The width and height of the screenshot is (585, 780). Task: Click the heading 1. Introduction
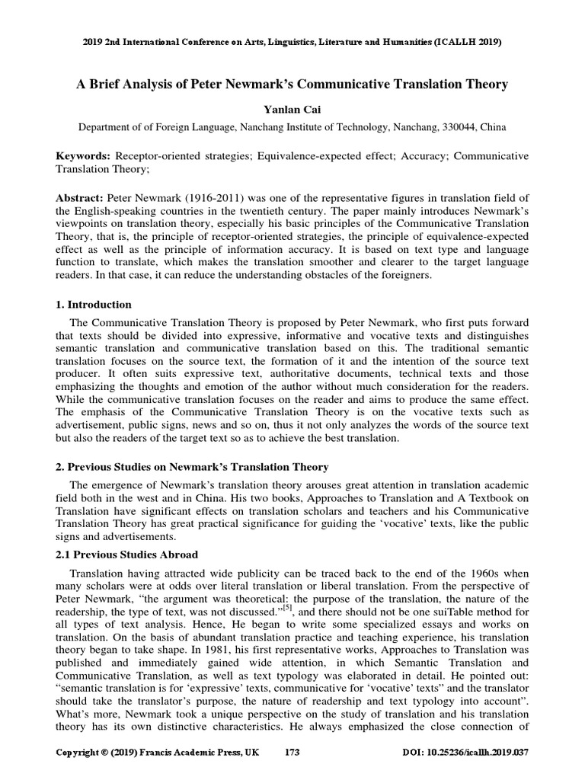pyautogui.click(x=94, y=305)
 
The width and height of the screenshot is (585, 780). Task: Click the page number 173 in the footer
pyautogui.click(x=292, y=753)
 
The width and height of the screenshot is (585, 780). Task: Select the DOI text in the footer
pyautogui.click(x=465, y=753)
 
